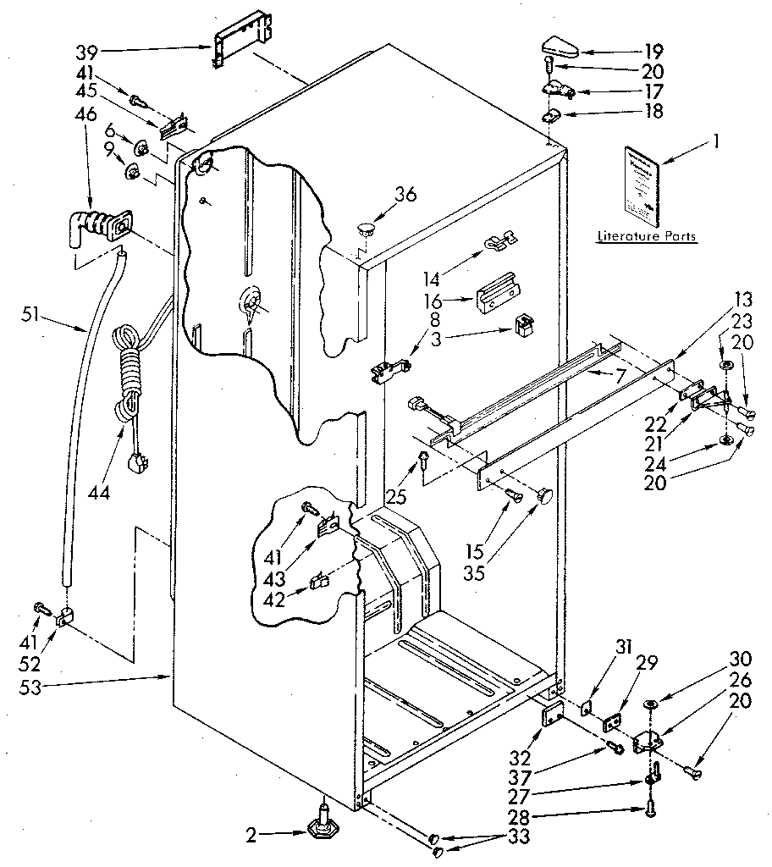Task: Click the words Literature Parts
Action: pos(647,236)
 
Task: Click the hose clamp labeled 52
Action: pos(63,621)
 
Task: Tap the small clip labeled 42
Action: pos(323,580)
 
